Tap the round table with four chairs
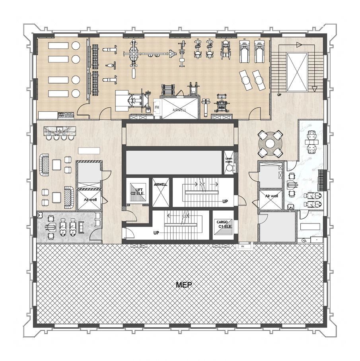[x=270, y=143]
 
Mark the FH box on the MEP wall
[x=242, y=247]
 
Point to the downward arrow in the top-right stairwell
[x=314, y=88]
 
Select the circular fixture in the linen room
[x=229, y=169]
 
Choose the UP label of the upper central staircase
[x=225, y=202]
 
